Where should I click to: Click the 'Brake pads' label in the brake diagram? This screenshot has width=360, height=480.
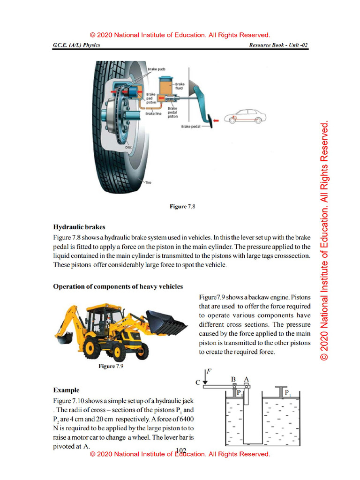(156, 69)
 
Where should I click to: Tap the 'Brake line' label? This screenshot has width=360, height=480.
(153, 113)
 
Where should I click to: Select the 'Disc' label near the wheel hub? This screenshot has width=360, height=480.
(128, 147)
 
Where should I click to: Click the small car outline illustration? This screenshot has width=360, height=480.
(245, 116)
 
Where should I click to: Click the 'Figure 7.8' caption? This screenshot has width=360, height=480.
(182, 206)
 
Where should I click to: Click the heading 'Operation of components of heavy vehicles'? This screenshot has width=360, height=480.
(118, 286)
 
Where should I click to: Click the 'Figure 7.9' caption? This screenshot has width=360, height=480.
(111, 367)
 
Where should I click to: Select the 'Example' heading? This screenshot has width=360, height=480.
(66, 390)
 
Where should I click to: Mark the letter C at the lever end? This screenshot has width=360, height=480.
(198, 382)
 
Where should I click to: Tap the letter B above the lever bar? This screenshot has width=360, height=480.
(233, 379)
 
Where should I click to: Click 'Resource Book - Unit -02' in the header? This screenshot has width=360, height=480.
(279, 45)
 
